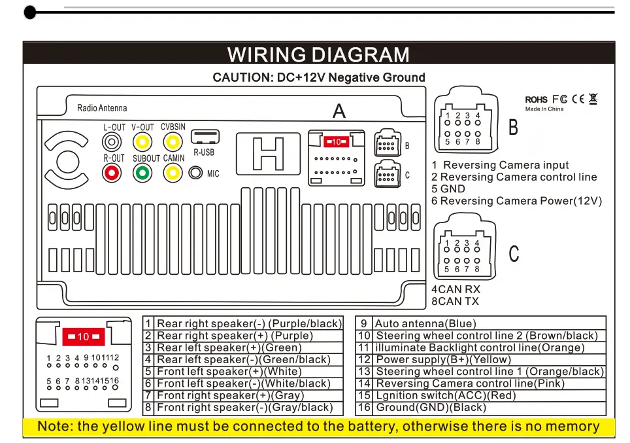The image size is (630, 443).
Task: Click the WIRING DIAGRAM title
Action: tap(318, 54)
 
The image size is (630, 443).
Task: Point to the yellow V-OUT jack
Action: tap(142, 141)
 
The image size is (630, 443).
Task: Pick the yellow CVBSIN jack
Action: tap(173, 141)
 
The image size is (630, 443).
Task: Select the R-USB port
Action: tap(205, 137)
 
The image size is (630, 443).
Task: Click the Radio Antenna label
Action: tap(102, 108)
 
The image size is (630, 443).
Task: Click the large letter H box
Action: tap(269, 155)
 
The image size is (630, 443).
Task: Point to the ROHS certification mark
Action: tap(537, 99)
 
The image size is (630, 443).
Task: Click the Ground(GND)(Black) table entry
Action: tap(431, 407)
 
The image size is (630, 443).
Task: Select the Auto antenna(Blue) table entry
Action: tap(425, 323)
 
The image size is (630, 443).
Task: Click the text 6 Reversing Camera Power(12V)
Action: tap(516, 201)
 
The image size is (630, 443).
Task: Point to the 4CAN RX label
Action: tap(456, 289)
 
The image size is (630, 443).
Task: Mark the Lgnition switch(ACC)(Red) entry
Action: tap(446, 395)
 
